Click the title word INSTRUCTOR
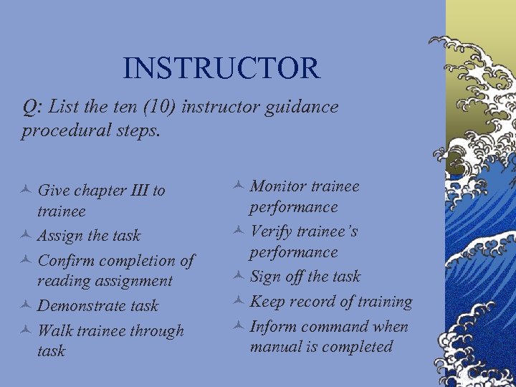(221, 68)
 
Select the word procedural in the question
(58, 130)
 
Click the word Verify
(269, 231)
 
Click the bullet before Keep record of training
(238, 302)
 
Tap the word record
(309, 302)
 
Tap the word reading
(67, 281)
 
